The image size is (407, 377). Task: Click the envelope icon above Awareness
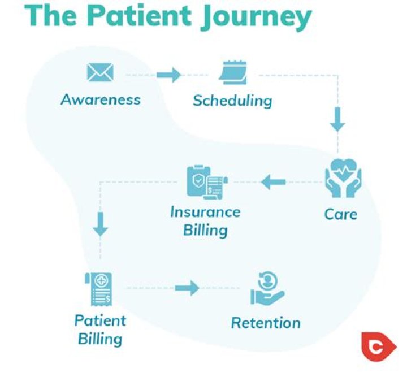[100, 72]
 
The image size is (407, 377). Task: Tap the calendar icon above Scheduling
[233, 72]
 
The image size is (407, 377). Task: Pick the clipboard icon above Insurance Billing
[205, 181]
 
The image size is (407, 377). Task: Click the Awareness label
[101, 100]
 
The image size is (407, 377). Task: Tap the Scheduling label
[232, 101]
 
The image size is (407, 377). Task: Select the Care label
[341, 215]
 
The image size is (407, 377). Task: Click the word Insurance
[205, 213]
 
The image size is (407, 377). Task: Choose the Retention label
[266, 323]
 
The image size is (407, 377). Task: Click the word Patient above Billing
[100, 321]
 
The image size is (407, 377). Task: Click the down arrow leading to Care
[337, 119]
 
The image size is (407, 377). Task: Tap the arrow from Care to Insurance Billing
[274, 182]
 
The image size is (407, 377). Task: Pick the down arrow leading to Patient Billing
[101, 224]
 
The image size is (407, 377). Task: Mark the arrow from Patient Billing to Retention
[187, 288]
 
